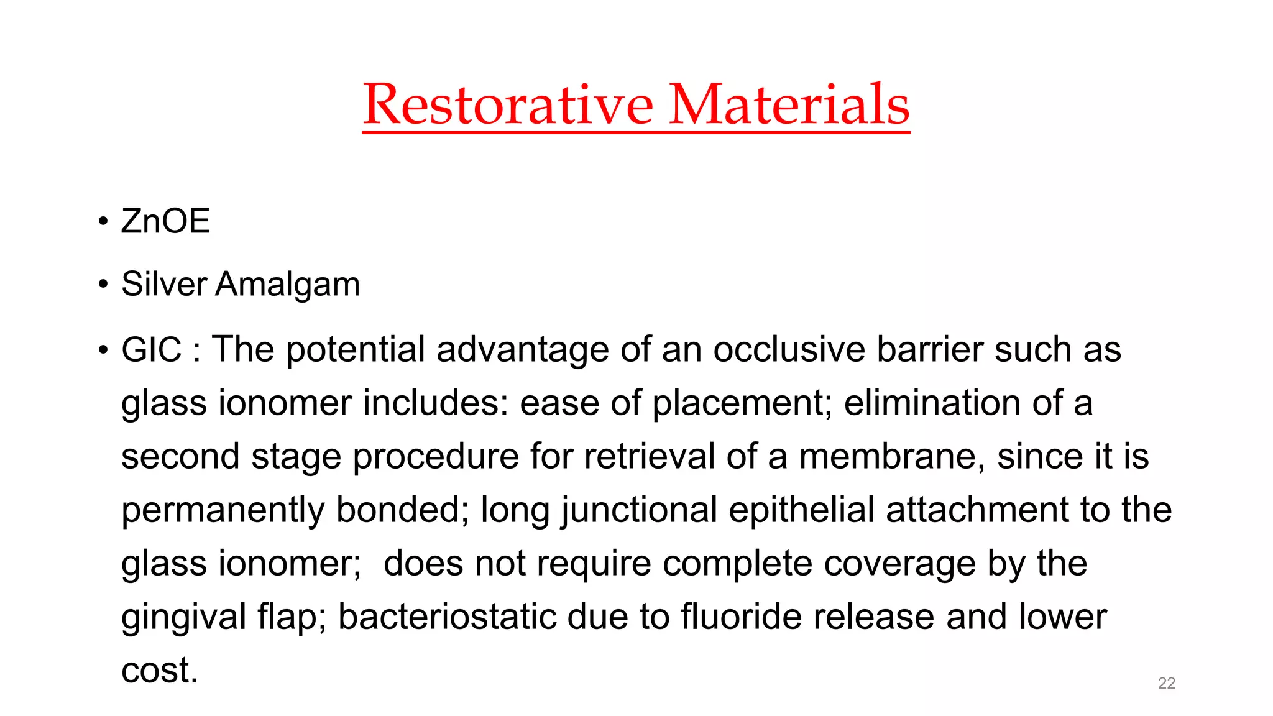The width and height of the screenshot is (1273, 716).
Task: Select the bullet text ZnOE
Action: click(165, 221)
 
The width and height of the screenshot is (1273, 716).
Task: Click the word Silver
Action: click(164, 284)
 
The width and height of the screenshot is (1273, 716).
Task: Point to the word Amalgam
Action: click(287, 285)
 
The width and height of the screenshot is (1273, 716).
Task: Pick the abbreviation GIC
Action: click(151, 349)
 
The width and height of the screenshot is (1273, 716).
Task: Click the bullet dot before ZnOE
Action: click(103, 222)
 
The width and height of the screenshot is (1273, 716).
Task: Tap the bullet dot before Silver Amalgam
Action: click(103, 285)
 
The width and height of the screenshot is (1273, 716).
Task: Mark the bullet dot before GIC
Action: click(103, 350)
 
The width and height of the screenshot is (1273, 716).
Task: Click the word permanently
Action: click(223, 511)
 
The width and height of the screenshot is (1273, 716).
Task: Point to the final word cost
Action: click(159, 671)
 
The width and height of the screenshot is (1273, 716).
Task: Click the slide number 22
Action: click(1166, 683)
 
